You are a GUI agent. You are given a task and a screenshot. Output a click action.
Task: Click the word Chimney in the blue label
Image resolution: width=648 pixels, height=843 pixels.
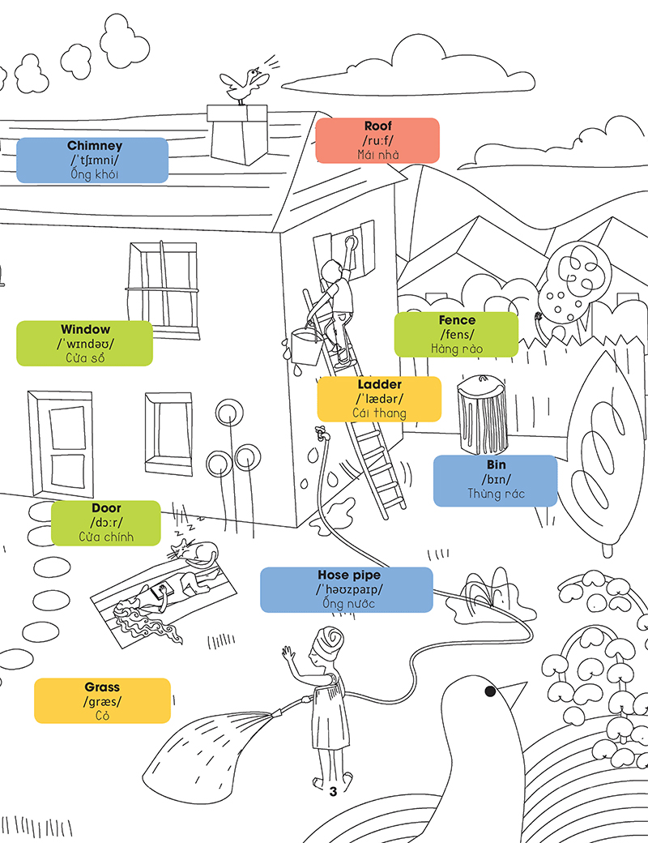(95, 146)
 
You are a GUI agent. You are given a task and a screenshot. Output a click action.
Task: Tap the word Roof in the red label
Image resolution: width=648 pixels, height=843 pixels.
(377, 126)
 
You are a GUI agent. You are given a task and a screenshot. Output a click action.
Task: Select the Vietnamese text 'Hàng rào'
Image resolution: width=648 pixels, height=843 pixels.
(457, 349)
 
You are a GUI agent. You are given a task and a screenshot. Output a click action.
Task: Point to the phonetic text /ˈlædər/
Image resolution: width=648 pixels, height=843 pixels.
(379, 399)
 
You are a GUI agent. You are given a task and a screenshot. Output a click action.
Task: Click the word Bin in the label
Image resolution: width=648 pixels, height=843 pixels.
(496, 464)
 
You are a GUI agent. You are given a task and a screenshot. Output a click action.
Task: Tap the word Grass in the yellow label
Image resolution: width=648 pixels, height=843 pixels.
(102, 687)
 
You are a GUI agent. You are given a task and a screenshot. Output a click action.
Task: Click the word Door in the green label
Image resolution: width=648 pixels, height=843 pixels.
(106, 508)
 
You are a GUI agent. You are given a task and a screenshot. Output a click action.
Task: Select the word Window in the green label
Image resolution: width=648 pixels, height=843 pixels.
(85, 330)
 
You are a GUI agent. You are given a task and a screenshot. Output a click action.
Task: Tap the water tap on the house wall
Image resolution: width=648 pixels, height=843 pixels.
(322, 433)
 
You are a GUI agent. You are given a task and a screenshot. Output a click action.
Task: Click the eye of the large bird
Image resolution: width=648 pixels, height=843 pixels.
(490, 691)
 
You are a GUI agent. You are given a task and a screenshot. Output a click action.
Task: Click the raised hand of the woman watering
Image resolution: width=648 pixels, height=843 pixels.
(286, 653)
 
